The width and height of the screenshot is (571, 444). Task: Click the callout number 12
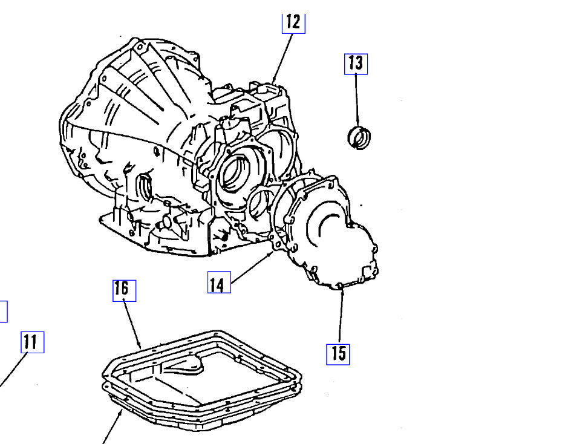click(x=293, y=22)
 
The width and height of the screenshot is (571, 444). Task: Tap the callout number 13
click(x=356, y=64)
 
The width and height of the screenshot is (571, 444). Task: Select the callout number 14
click(x=219, y=282)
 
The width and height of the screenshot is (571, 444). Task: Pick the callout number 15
click(x=339, y=353)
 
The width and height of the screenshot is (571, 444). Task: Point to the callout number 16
click(x=123, y=290)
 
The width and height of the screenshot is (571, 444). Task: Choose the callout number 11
click(x=31, y=342)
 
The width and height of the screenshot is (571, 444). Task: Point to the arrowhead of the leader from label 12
click(x=273, y=82)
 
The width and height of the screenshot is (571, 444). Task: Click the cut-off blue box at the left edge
click(x=3, y=312)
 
